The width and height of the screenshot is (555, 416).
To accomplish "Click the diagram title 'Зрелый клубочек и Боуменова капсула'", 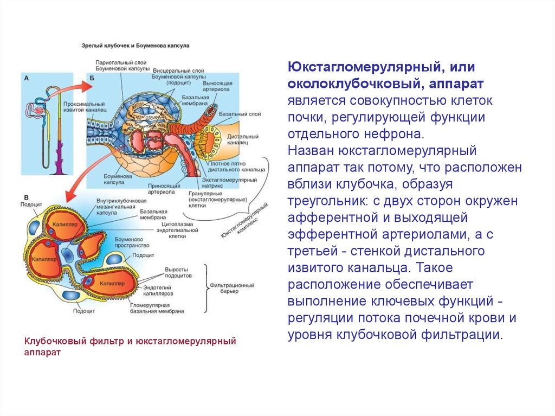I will tap(135, 47).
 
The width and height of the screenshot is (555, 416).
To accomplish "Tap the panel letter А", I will tap(26, 78).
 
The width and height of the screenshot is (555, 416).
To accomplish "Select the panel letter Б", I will tap(92, 78).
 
